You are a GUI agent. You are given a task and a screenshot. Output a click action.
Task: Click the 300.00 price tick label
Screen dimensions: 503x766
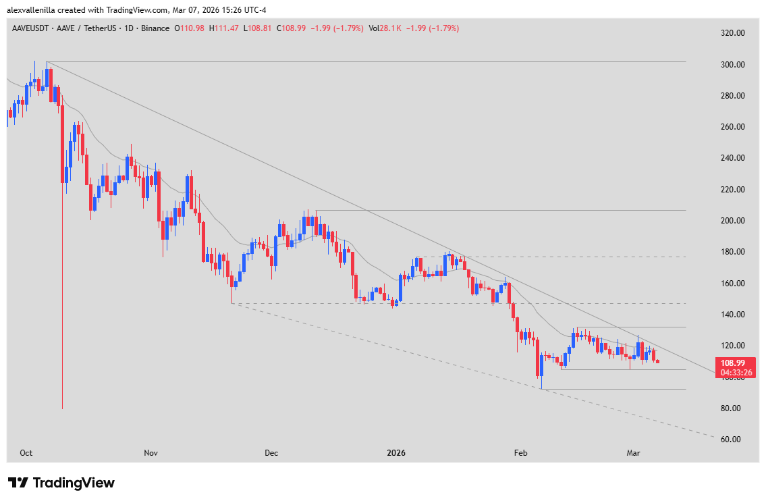(x=731, y=65)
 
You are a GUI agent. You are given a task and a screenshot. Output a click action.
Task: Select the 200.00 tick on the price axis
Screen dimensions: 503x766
(x=731, y=221)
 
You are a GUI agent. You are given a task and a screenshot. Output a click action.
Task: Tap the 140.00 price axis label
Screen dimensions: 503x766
(x=731, y=315)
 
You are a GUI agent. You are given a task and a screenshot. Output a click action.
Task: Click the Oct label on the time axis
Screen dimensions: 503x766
(x=26, y=452)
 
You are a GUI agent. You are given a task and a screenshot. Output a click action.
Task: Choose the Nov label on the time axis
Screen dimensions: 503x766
(x=151, y=452)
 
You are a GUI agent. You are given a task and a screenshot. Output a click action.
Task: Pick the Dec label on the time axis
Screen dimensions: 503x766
(x=271, y=452)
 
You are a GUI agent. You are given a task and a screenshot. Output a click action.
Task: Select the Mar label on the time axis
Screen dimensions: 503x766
(x=633, y=452)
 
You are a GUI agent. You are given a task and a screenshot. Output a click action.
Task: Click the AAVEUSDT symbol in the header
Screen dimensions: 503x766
(x=30, y=28)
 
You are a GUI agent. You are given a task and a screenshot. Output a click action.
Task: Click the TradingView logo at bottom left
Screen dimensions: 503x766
(x=61, y=483)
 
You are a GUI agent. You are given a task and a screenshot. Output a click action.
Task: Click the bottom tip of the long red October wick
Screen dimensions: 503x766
(x=62, y=408)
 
